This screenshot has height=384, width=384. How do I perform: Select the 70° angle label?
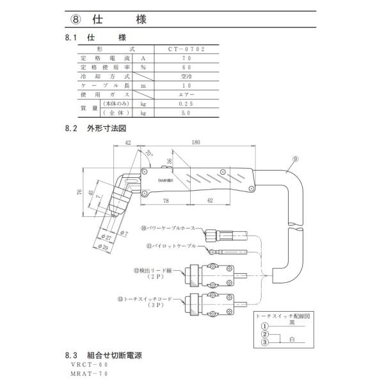149,154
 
